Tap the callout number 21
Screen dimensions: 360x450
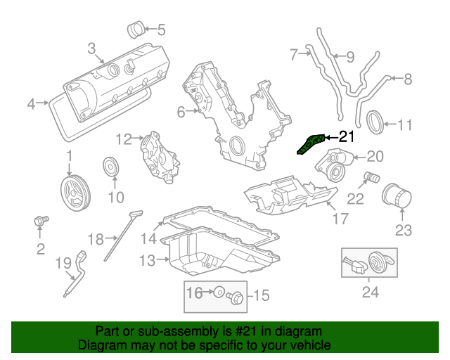coord(347,137)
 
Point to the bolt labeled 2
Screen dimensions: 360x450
coord(41,222)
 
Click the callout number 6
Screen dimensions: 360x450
coord(181,111)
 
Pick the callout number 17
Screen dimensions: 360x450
coord(340,219)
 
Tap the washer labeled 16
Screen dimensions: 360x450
coord(218,292)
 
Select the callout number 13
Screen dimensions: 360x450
coord(146,261)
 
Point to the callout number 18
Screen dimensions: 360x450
coord(96,238)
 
